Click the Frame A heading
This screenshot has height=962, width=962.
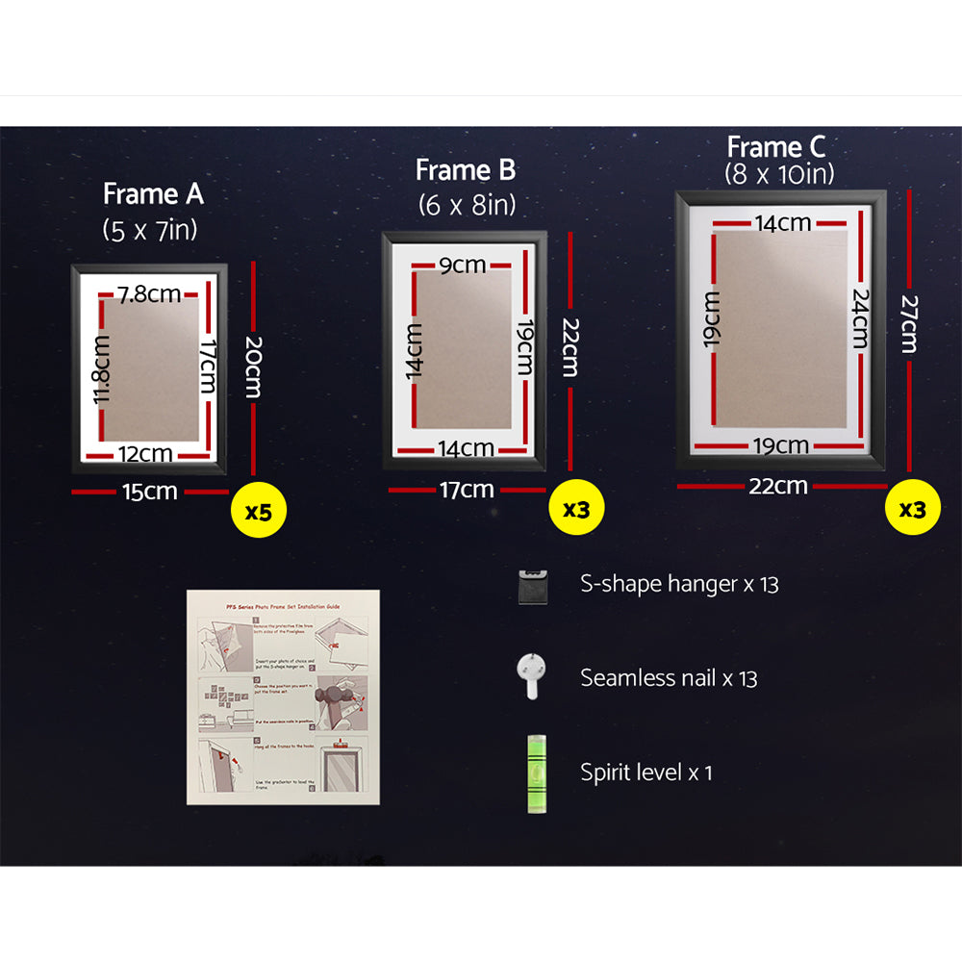(153, 194)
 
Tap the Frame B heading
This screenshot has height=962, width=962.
(466, 170)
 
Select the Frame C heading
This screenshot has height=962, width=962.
(776, 147)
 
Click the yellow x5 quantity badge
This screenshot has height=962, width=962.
(258, 511)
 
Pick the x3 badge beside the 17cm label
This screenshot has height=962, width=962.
(575, 509)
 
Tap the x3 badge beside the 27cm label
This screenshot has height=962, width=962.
(912, 509)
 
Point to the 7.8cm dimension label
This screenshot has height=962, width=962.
(148, 294)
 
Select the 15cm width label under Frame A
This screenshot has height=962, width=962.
(149, 492)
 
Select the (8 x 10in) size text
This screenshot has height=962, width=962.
(778, 174)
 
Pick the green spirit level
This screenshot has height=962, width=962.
(530, 772)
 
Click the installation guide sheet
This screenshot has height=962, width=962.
(283, 696)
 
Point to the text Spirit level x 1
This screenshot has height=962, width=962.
(646, 772)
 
